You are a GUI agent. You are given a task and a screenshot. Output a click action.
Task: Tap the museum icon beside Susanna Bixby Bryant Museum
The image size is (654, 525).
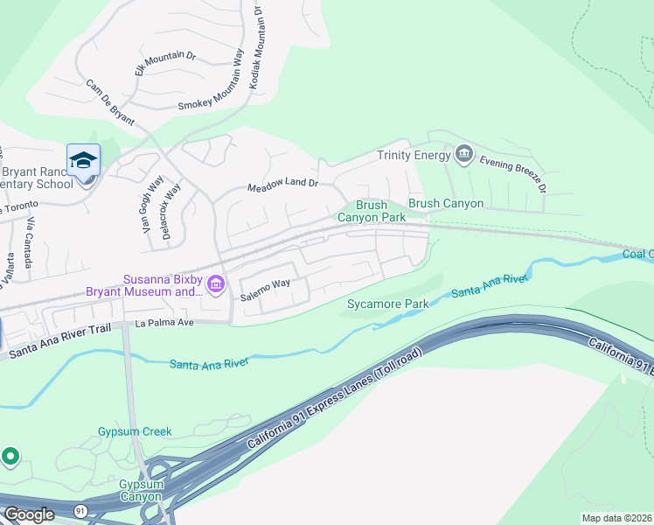tap(215, 283)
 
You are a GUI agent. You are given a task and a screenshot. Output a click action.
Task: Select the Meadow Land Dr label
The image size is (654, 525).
tap(282, 186)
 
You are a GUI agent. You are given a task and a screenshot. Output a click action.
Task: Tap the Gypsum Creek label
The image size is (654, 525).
tap(135, 431)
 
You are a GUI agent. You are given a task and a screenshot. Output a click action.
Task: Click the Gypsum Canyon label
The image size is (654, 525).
tap(140, 490)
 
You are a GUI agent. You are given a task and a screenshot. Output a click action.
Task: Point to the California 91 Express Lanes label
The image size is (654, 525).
tap(335, 401)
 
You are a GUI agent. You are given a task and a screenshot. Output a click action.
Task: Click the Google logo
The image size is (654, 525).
tap(29, 514)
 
